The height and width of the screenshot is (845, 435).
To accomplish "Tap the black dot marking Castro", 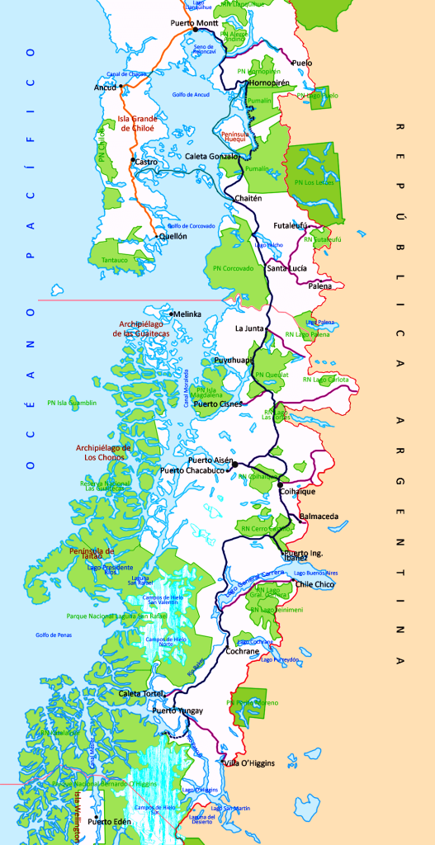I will [x=132, y=160].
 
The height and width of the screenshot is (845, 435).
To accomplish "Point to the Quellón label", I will [x=173, y=236].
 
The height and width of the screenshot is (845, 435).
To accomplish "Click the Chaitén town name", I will [x=248, y=198].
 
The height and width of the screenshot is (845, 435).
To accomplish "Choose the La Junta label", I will [x=249, y=328].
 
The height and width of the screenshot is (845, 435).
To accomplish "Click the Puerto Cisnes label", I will [x=218, y=404].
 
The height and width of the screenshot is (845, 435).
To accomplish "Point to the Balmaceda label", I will [x=319, y=517].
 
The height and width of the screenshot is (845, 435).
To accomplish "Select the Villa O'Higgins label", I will [x=249, y=762].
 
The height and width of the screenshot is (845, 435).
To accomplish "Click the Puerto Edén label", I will [x=111, y=821].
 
